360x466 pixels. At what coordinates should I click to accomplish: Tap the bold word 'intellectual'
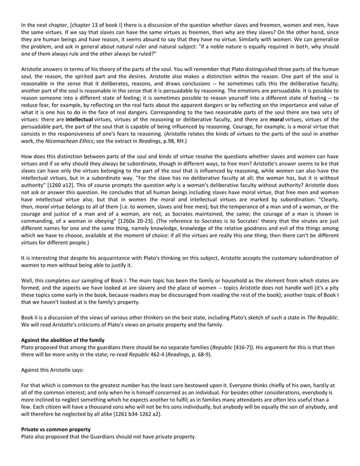(81, 120)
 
